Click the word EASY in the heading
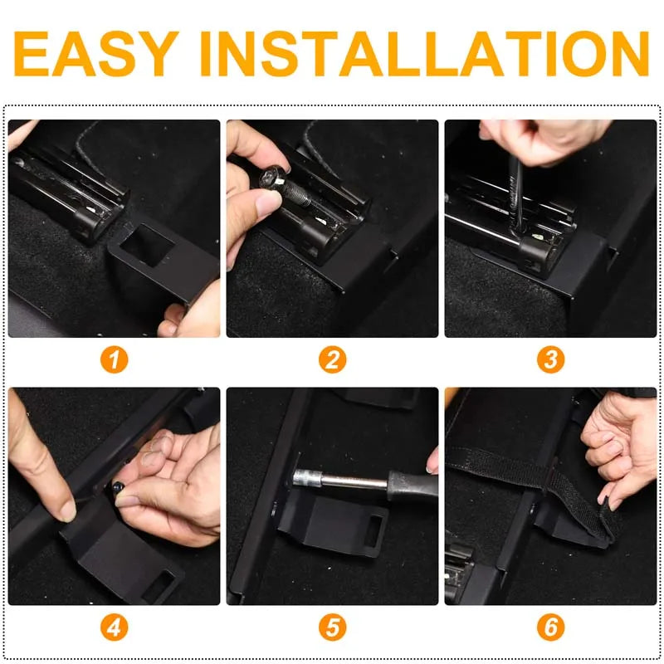[x=96, y=53]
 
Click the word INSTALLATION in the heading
[x=424, y=53]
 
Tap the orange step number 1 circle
[x=114, y=360]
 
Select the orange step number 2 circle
[x=333, y=360]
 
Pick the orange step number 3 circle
[x=550, y=360]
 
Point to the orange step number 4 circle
[x=114, y=627]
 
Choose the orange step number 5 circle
[x=333, y=627]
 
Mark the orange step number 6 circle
[x=550, y=627]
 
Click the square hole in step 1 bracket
[x=147, y=245]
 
